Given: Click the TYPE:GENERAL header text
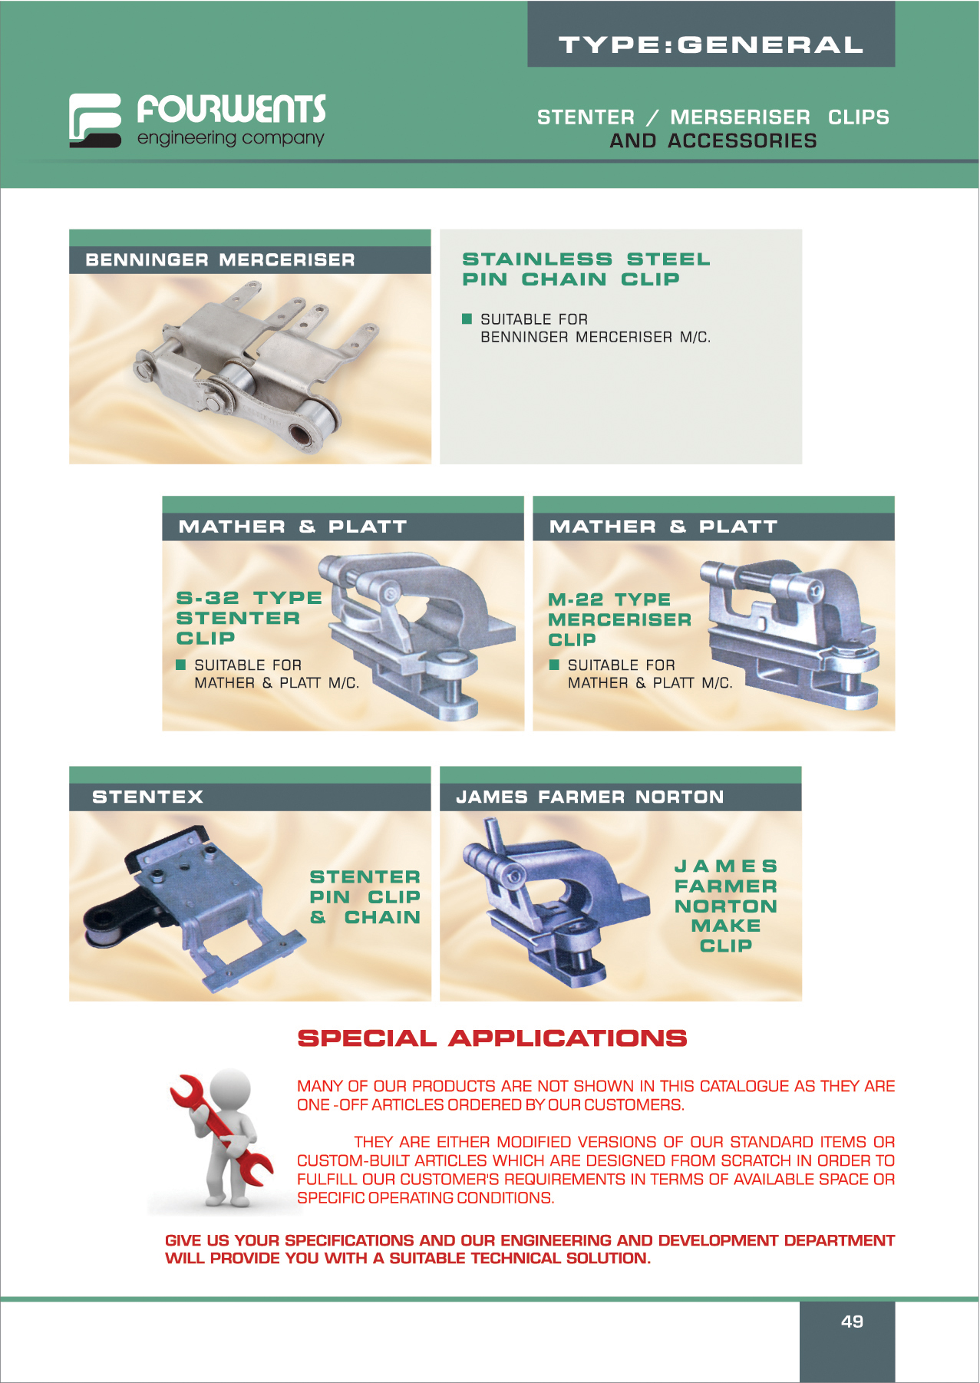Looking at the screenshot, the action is pyautogui.click(x=711, y=45).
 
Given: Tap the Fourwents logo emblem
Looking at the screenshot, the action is pyautogui.click(x=95, y=120).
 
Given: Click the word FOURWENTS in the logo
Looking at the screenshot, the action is pyautogui.click(x=231, y=109).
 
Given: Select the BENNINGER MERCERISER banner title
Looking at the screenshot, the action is pyautogui.click(x=220, y=260).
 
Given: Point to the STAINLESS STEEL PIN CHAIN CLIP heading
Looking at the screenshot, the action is pyautogui.click(x=586, y=269).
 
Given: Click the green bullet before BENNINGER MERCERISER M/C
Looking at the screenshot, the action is pyautogui.click(x=467, y=319).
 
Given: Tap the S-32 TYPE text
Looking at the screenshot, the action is pyautogui.click(x=249, y=598).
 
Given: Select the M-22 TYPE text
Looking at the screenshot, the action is pyautogui.click(x=609, y=599).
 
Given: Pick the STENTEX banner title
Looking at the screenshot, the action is pyautogui.click(x=147, y=797).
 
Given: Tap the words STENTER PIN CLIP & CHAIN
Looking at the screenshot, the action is pyautogui.click(x=365, y=897).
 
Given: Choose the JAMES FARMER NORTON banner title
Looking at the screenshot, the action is pyautogui.click(x=590, y=797).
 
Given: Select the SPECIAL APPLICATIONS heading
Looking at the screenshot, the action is pyautogui.click(x=492, y=1038).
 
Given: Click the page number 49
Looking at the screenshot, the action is pyautogui.click(x=852, y=1322).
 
